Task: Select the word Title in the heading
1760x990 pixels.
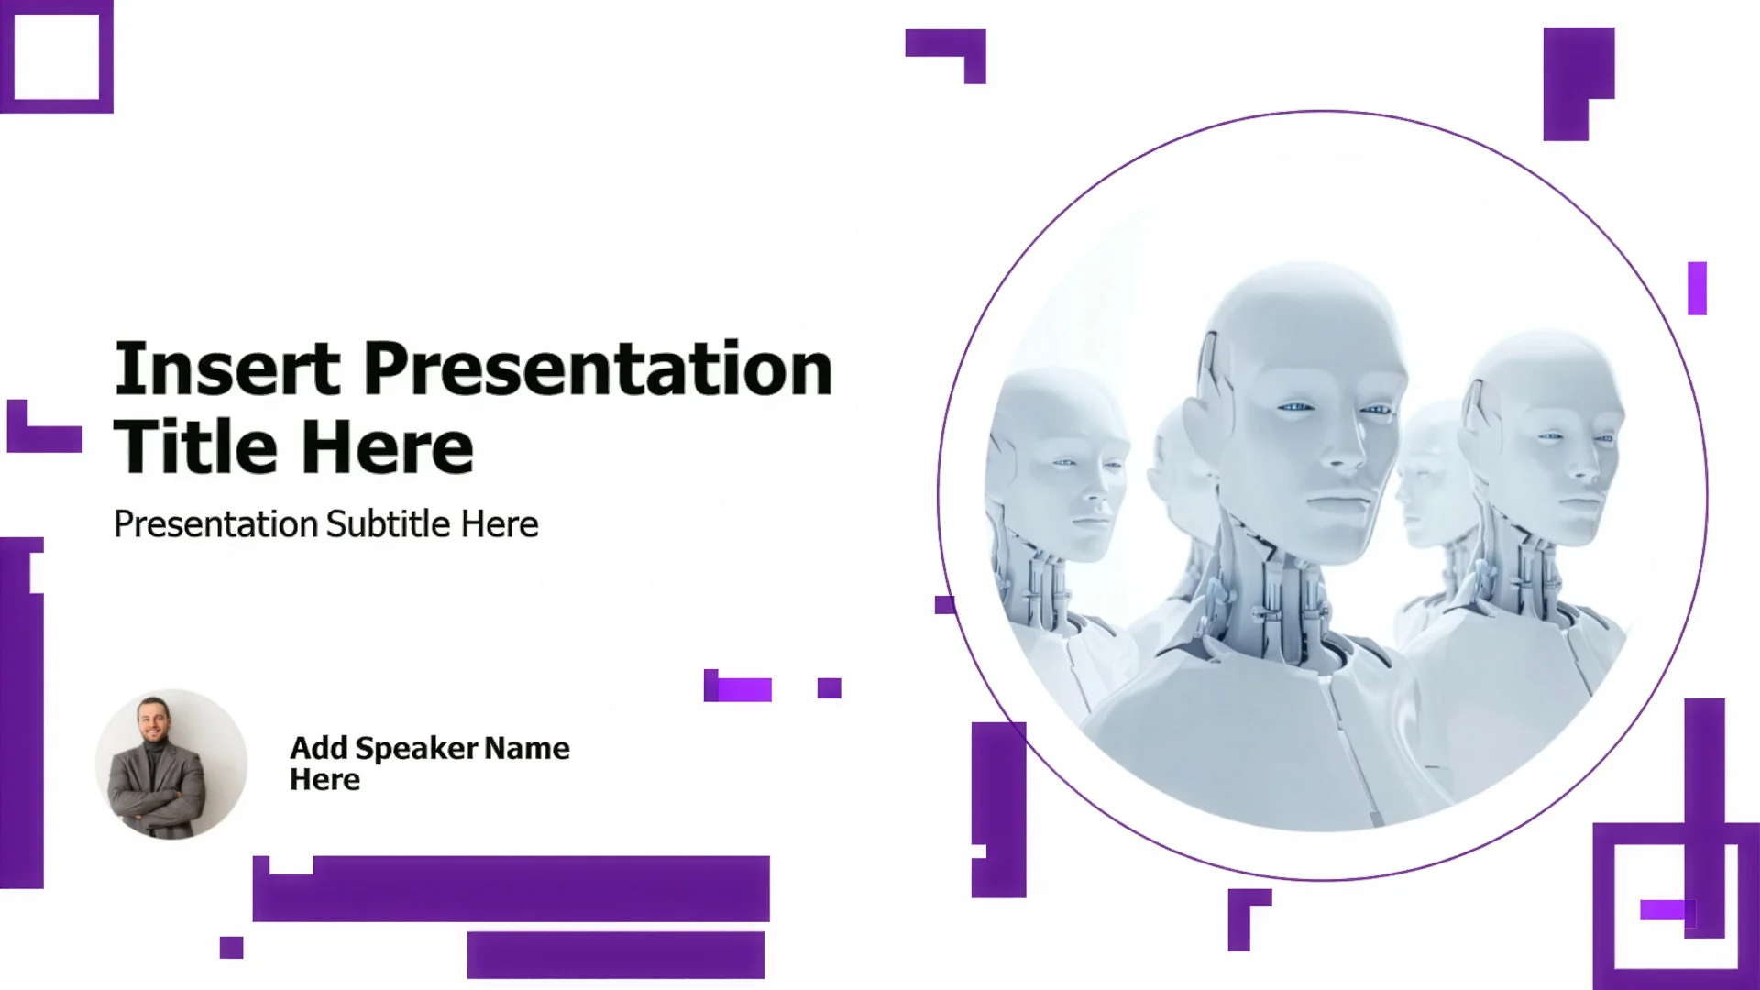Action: (x=195, y=447)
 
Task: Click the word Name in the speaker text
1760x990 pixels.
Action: (x=527, y=748)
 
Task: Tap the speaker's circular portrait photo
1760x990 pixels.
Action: (x=171, y=764)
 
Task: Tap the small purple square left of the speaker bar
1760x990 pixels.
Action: (x=232, y=948)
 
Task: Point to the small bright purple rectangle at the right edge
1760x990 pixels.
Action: (x=1698, y=289)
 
